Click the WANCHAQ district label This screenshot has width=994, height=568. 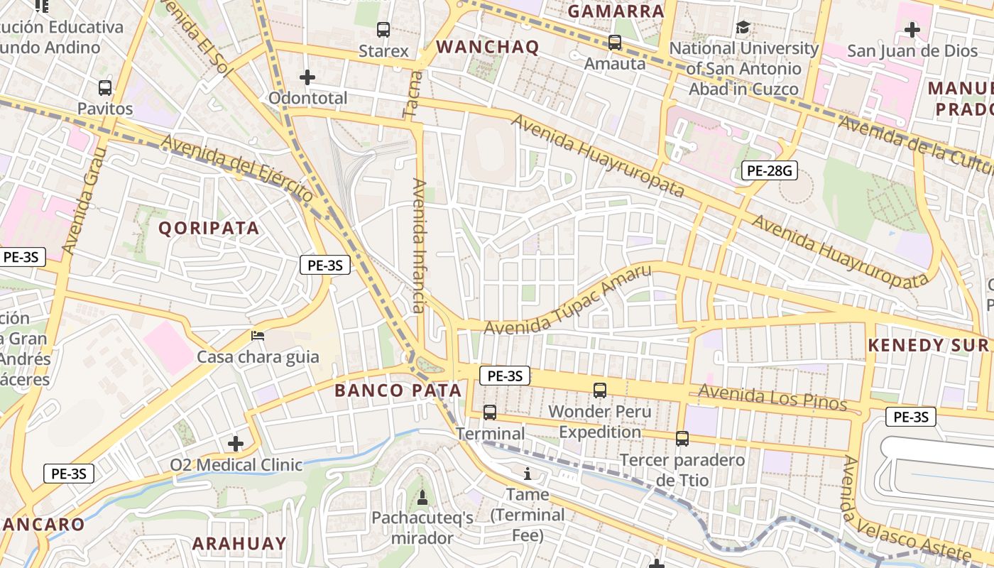487,48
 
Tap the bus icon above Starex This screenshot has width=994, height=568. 383,30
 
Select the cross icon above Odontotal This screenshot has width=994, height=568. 307,77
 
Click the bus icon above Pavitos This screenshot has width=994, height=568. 105,88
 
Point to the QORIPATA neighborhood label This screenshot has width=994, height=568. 209,228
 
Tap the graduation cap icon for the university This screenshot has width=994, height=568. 743,28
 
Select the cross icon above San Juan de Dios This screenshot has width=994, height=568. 912,30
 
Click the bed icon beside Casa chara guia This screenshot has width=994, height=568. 258,335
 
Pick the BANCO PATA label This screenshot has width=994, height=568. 398,390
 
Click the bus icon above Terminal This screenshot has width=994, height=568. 490,412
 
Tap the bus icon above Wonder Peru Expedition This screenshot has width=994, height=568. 600,390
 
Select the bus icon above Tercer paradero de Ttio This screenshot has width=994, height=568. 682,438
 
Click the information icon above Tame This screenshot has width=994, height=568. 527,474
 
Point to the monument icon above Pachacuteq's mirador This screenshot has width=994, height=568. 422,497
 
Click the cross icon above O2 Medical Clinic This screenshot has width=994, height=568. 236,444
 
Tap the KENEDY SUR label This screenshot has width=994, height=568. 928,346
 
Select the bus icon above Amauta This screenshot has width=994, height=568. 615,43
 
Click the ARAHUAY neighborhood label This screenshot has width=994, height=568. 239,544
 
